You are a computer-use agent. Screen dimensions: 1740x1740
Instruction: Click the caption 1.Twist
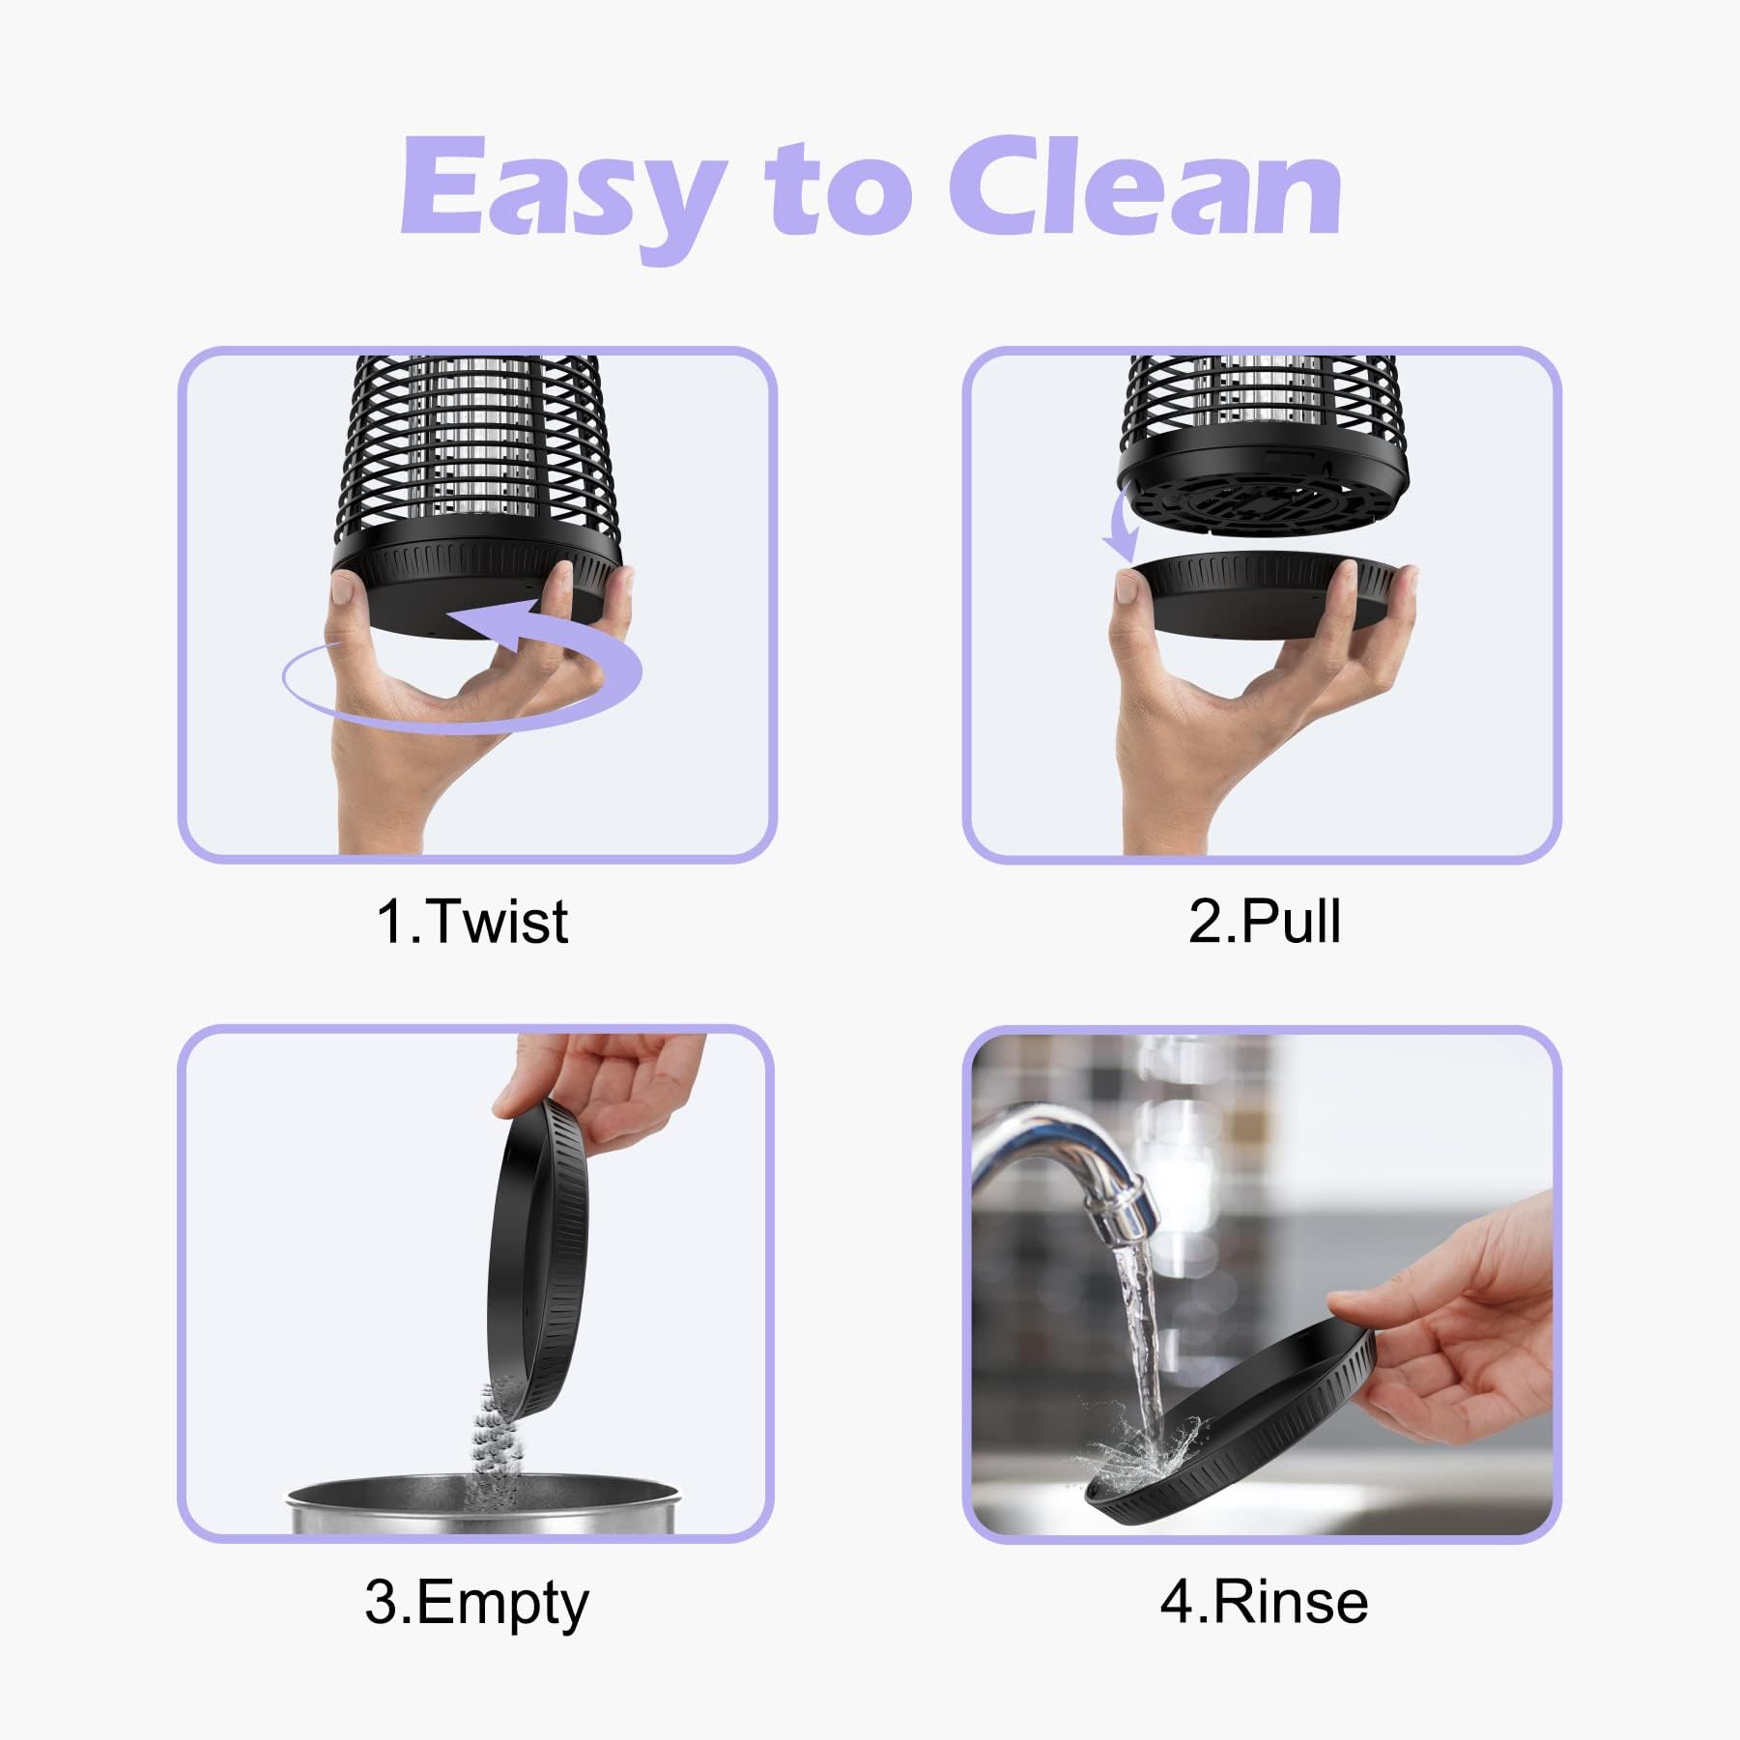(x=472, y=921)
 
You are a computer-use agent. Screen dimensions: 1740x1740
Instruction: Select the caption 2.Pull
(x=1265, y=921)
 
